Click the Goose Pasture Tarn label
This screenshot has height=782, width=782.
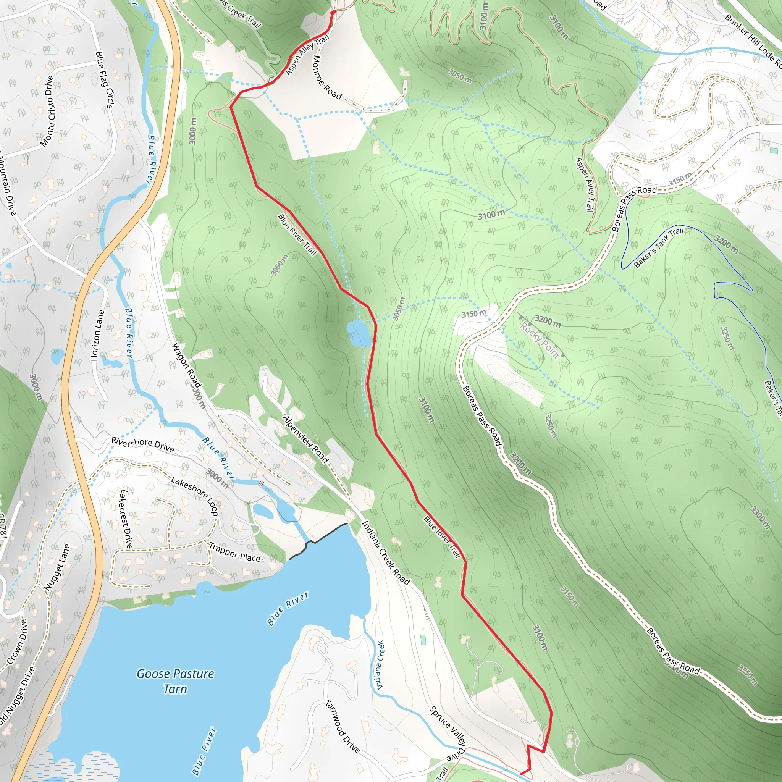coord(175,681)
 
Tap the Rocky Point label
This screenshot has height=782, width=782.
coord(540,340)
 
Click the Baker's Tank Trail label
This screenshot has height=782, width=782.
coord(658,247)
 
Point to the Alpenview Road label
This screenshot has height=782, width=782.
coord(305,439)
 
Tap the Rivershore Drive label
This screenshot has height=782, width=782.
coord(142,444)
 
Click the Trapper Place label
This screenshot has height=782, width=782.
coord(235,553)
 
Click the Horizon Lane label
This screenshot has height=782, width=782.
coord(97,335)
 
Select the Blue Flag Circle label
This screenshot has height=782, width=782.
coord(103,80)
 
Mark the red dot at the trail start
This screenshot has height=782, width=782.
coord(333,12)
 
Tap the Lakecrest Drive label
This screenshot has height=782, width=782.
coord(126,519)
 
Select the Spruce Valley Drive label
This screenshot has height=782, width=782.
coord(448,733)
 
